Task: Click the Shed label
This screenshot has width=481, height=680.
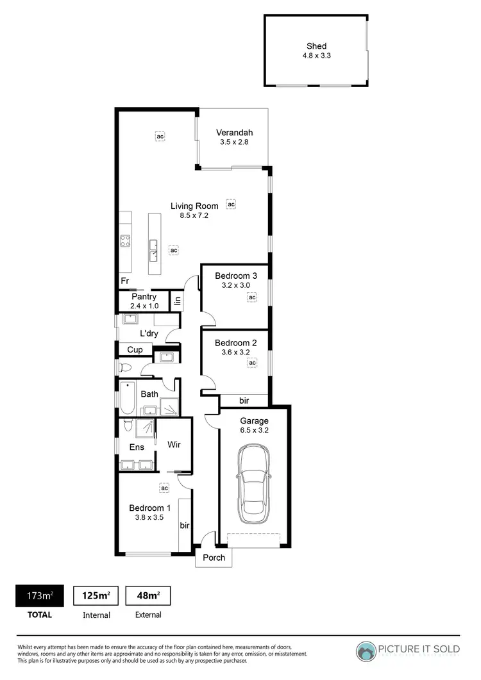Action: coord(316,46)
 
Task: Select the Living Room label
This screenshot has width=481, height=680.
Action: coord(194,206)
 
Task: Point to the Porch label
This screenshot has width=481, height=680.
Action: coord(214,558)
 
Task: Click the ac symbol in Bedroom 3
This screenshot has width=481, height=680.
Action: coord(252,297)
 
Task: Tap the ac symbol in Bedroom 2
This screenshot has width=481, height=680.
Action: coord(252,363)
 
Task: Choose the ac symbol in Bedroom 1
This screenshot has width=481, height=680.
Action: coord(164,488)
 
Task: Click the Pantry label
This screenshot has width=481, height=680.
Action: coord(144,297)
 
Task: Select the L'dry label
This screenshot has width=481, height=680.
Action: coord(148,333)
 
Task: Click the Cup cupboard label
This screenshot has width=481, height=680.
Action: coord(135,350)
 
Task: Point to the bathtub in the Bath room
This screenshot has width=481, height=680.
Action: coord(126,397)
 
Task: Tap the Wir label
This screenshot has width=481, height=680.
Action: coord(173,444)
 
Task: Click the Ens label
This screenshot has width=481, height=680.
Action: coord(137,447)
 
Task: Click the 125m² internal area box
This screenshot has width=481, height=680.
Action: coord(96,596)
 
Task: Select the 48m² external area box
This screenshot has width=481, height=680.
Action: coord(148,596)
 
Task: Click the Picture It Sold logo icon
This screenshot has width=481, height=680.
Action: coord(367,651)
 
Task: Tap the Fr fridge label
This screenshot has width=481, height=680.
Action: coord(124,281)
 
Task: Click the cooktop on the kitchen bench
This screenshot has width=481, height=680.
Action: coord(126,242)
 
